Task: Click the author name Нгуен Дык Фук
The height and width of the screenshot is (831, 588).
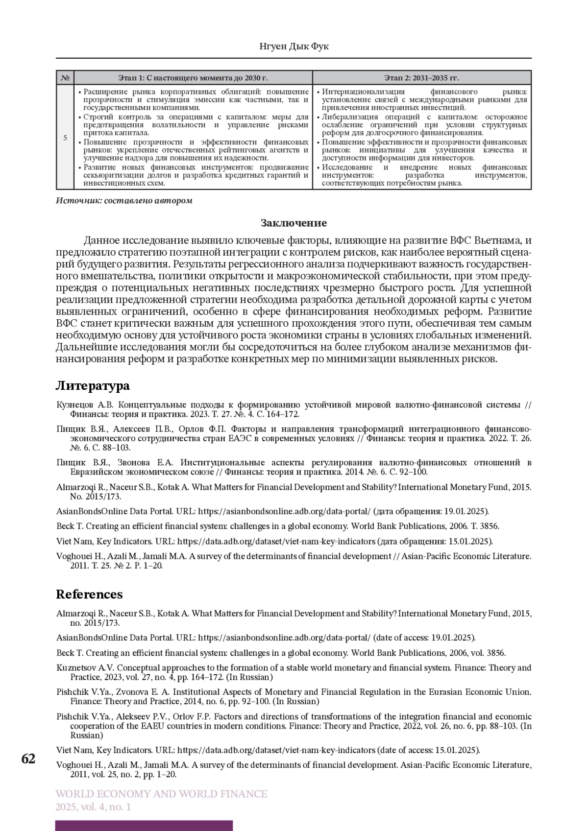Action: [x=294, y=47]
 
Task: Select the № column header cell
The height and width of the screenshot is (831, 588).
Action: [x=65, y=78]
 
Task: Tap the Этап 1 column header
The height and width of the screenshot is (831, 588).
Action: [x=193, y=78]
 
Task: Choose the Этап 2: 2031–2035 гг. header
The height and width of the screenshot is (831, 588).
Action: [x=421, y=78]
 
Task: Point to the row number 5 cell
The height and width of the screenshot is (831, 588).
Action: [x=65, y=138]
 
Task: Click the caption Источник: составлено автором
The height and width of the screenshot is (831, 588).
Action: [x=124, y=201]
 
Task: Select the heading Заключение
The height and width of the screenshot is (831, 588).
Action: [x=294, y=223]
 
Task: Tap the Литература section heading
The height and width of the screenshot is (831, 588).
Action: [x=93, y=386]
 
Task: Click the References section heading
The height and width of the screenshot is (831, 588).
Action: [x=89, y=594]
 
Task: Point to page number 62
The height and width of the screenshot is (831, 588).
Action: [x=28, y=759]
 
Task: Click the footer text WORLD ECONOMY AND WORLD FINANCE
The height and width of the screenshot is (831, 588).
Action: [x=161, y=794]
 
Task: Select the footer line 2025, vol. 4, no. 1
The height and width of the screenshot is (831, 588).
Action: [x=93, y=807]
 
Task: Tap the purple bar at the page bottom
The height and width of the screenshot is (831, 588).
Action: [x=144, y=826]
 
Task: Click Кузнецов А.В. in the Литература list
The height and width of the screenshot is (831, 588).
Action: [x=85, y=405]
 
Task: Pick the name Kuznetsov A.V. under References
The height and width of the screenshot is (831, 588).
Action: [x=85, y=668]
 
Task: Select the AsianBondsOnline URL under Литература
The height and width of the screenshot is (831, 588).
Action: [x=284, y=511]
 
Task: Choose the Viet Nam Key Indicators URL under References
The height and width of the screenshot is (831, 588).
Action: [x=276, y=750]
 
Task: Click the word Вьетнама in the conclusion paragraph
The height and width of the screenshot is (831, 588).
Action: [x=496, y=240]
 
